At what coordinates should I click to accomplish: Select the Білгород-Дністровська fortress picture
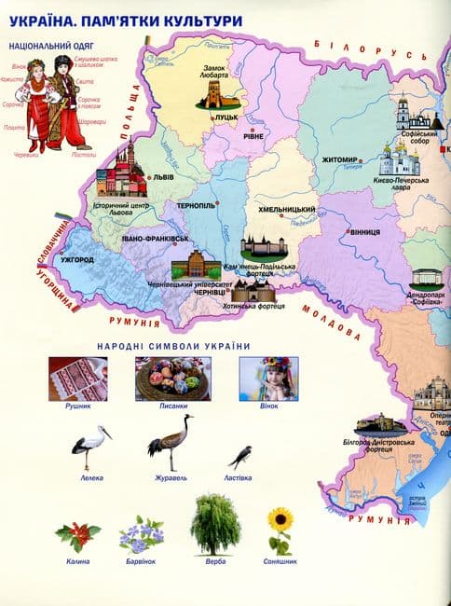[x=383, y=425]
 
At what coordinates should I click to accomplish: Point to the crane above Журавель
[x=170, y=442]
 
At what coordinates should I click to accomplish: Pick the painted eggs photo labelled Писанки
[x=171, y=379]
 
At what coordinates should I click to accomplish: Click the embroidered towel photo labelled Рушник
[x=78, y=379]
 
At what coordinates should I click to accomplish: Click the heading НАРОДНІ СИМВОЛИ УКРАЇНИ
[x=173, y=347]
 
